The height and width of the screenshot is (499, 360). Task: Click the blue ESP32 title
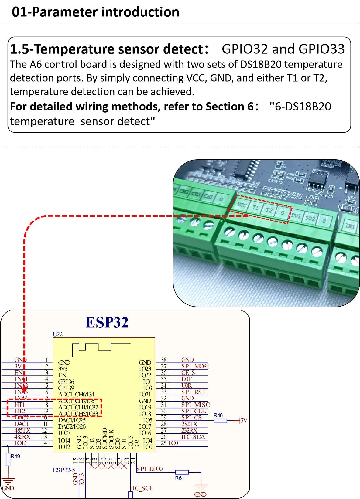click(107, 322)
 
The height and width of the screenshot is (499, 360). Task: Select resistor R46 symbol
click(220, 421)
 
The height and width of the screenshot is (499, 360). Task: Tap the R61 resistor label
click(179, 478)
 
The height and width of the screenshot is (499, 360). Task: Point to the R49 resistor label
click(15, 456)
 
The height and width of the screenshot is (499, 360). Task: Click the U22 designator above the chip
click(58, 334)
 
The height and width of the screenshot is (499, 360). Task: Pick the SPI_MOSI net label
click(195, 366)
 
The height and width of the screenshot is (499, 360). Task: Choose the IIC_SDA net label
click(193, 437)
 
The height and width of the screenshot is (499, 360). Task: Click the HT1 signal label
click(20, 405)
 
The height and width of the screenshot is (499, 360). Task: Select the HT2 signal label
click(20, 411)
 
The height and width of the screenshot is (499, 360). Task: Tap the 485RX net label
click(22, 437)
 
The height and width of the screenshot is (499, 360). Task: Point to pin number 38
click(164, 360)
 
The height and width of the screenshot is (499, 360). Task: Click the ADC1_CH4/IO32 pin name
click(78, 407)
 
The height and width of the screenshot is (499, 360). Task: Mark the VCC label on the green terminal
click(242, 205)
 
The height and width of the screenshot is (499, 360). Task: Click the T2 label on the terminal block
click(269, 210)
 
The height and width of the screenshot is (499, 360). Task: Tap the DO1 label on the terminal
click(296, 216)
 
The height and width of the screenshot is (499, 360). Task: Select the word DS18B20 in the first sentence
click(261, 65)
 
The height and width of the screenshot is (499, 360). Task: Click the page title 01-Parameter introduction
click(95, 12)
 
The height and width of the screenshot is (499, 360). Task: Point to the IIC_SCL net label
click(142, 488)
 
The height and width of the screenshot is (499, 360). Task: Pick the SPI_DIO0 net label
click(149, 469)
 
